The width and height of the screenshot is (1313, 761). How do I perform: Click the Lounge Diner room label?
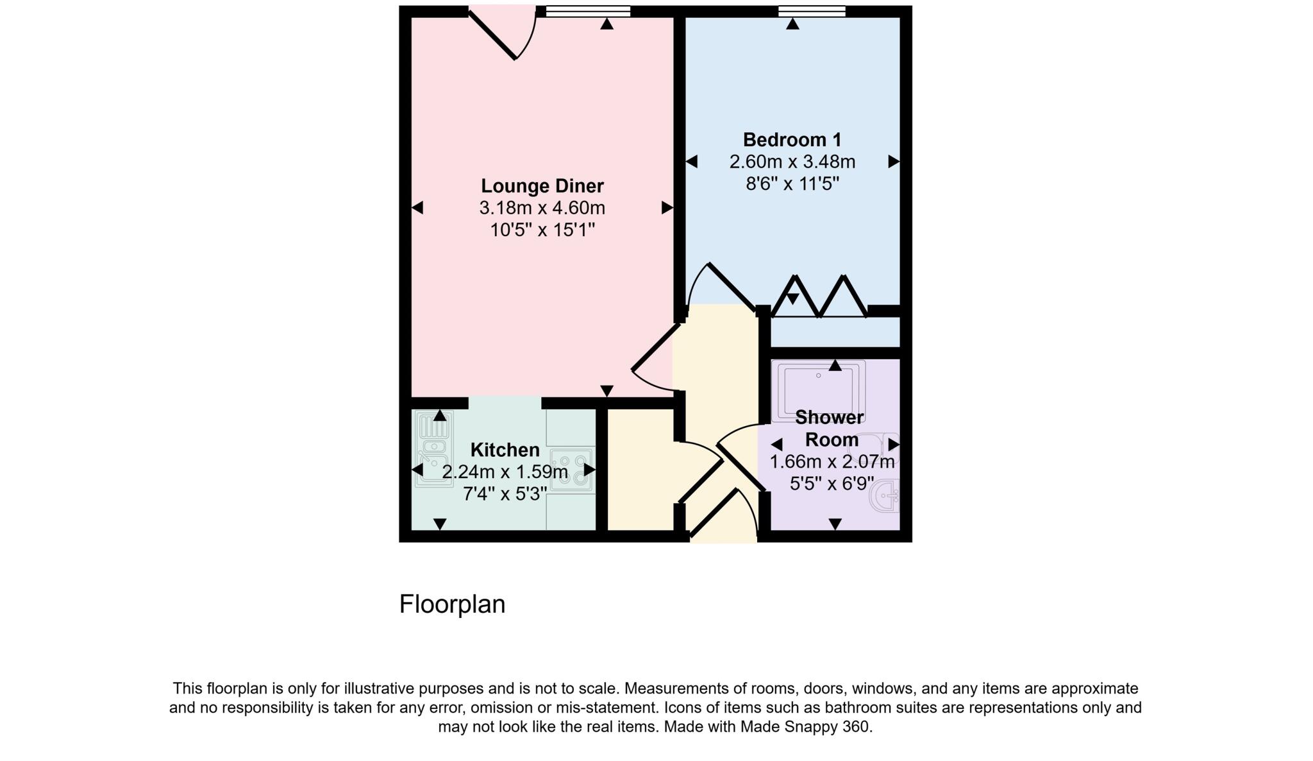click(x=542, y=186)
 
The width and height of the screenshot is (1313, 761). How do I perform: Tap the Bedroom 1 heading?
click(x=792, y=140)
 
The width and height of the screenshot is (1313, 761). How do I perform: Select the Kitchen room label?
click(x=505, y=450)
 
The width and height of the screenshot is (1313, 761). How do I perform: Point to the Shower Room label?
click(x=830, y=429)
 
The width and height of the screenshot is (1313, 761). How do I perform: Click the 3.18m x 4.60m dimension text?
click(x=542, y=208)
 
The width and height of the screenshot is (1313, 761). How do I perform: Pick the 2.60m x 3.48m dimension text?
click(x=792, y=162)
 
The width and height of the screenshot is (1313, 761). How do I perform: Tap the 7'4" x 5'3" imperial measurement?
click(x=505, y=494)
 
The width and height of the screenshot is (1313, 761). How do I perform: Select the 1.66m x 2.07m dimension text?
click(x=832, y=462)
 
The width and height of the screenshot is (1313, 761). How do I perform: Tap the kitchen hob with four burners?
click(x=573, y=470)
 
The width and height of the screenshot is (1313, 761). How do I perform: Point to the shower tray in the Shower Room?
click(x=818, y=390)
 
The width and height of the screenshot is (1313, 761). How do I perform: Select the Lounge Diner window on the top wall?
click(x=588, y=11)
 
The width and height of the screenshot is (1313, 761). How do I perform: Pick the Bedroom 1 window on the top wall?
click(x=812, y=11)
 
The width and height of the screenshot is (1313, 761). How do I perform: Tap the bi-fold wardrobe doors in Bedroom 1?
click(x=819, y=297)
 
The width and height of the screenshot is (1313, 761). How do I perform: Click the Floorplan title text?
click(x=452, y=604)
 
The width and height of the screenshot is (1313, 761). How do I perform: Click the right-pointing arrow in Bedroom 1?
click(x=893, y=162)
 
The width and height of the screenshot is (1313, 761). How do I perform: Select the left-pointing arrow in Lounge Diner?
click(x=417, y=208)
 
